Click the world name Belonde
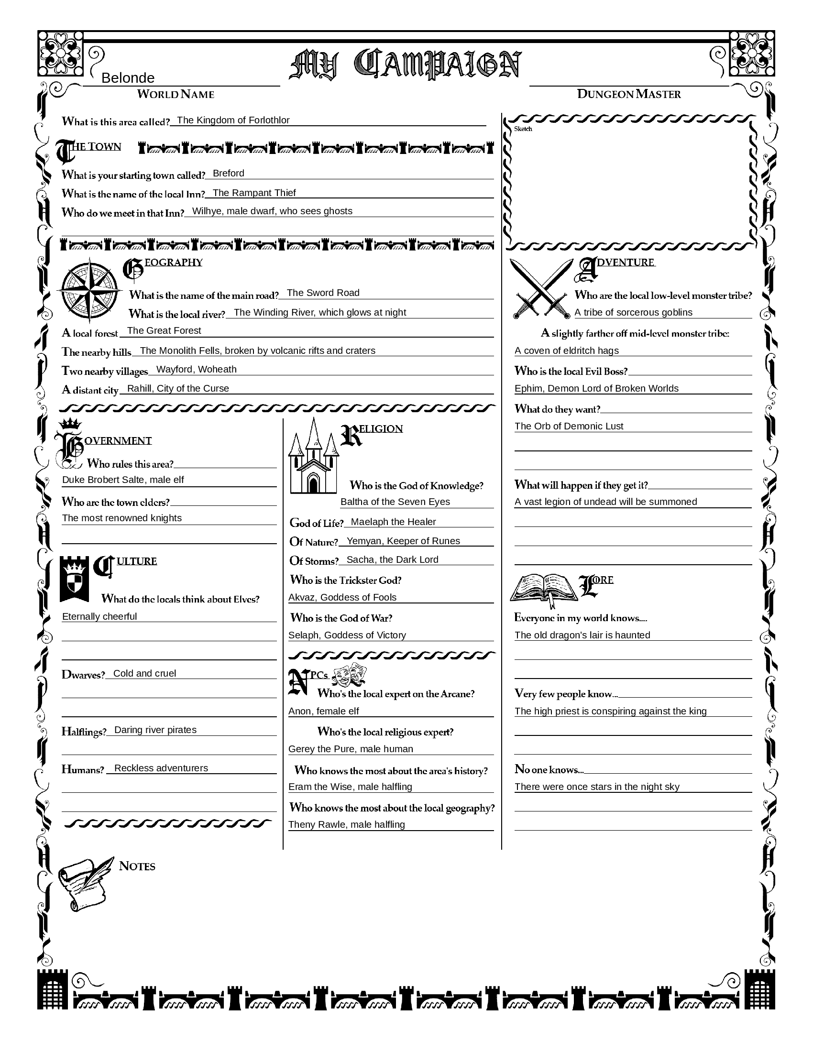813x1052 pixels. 128,78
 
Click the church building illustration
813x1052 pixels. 314,458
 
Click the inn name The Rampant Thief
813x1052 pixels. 254,193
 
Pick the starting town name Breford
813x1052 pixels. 228,174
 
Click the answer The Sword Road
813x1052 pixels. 323,293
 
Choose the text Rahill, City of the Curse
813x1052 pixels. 178,388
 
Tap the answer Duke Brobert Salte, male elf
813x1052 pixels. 123,480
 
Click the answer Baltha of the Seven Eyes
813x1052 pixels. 395,502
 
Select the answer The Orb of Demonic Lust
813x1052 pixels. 568,426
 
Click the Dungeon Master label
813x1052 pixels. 628,94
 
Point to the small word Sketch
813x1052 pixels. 523,129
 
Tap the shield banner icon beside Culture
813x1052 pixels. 74,579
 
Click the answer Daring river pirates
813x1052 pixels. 155,730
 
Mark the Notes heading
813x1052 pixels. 137,866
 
